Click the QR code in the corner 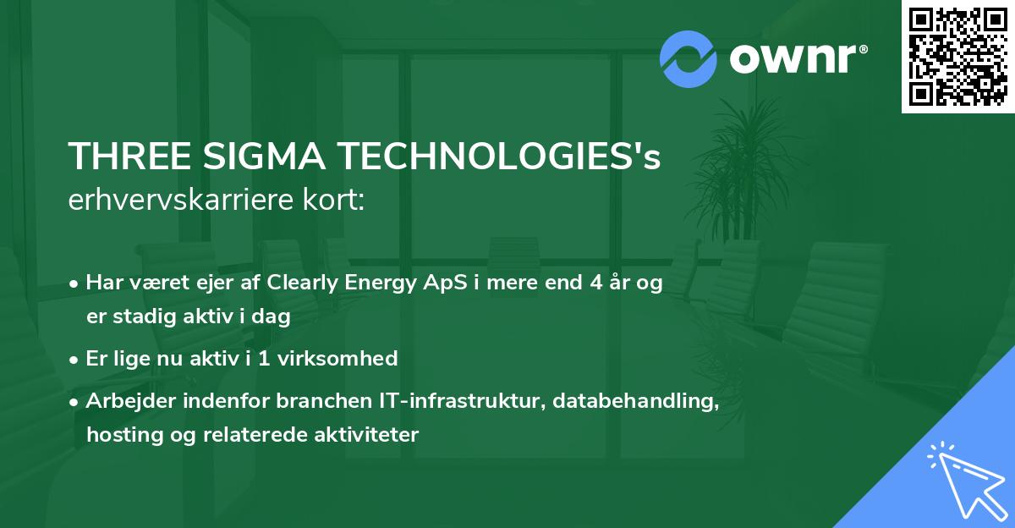[958, 56]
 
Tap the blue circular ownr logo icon [689, 59]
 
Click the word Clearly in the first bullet [304, 283]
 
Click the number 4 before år [596, 283]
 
